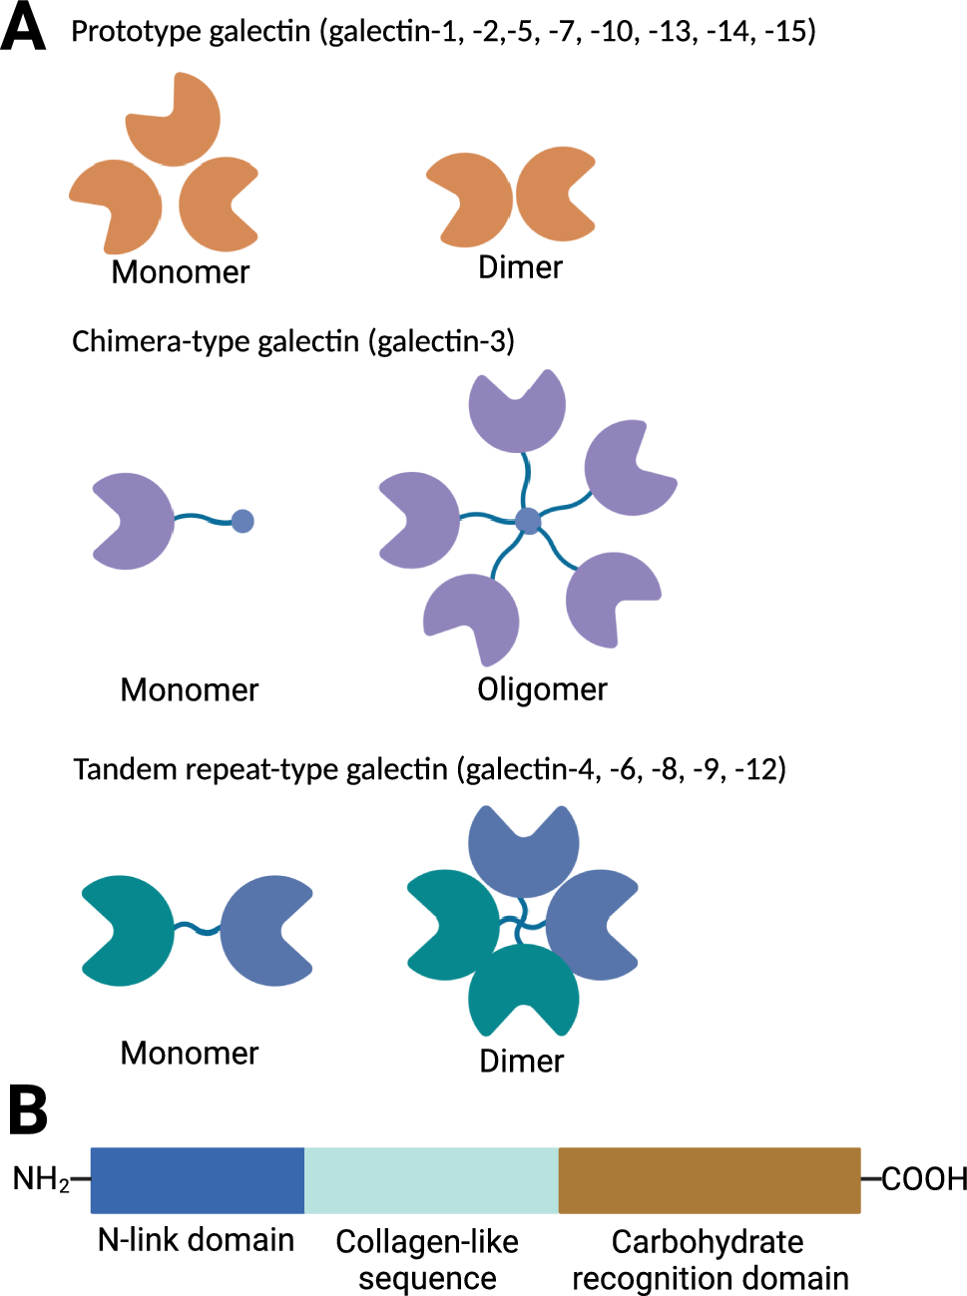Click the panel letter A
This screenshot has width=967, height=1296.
pos(24,28)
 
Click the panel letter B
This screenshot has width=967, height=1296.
pos(28,1110)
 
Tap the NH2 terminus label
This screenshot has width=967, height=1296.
pos(41,1179)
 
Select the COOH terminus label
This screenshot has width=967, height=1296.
pos(924,1179)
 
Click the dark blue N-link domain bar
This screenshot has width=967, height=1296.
pos(197,1180)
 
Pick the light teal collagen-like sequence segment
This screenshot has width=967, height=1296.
pos(430,1180)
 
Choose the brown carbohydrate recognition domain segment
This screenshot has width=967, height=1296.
pos(709,1180)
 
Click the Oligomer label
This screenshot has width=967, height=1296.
pos(542,689)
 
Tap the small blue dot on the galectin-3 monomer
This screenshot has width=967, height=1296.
pos(242,520)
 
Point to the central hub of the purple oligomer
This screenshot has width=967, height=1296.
pos(528,520)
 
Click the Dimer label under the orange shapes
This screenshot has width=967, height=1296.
pos(520,267)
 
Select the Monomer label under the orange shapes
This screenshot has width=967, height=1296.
pos(181,272)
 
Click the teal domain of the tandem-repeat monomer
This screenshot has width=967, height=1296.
pos(129,931)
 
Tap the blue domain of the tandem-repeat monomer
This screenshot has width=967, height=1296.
pos(262,931)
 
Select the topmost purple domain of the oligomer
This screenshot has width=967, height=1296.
pos(517,412)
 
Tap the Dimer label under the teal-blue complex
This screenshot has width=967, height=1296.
pos(521,1061)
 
